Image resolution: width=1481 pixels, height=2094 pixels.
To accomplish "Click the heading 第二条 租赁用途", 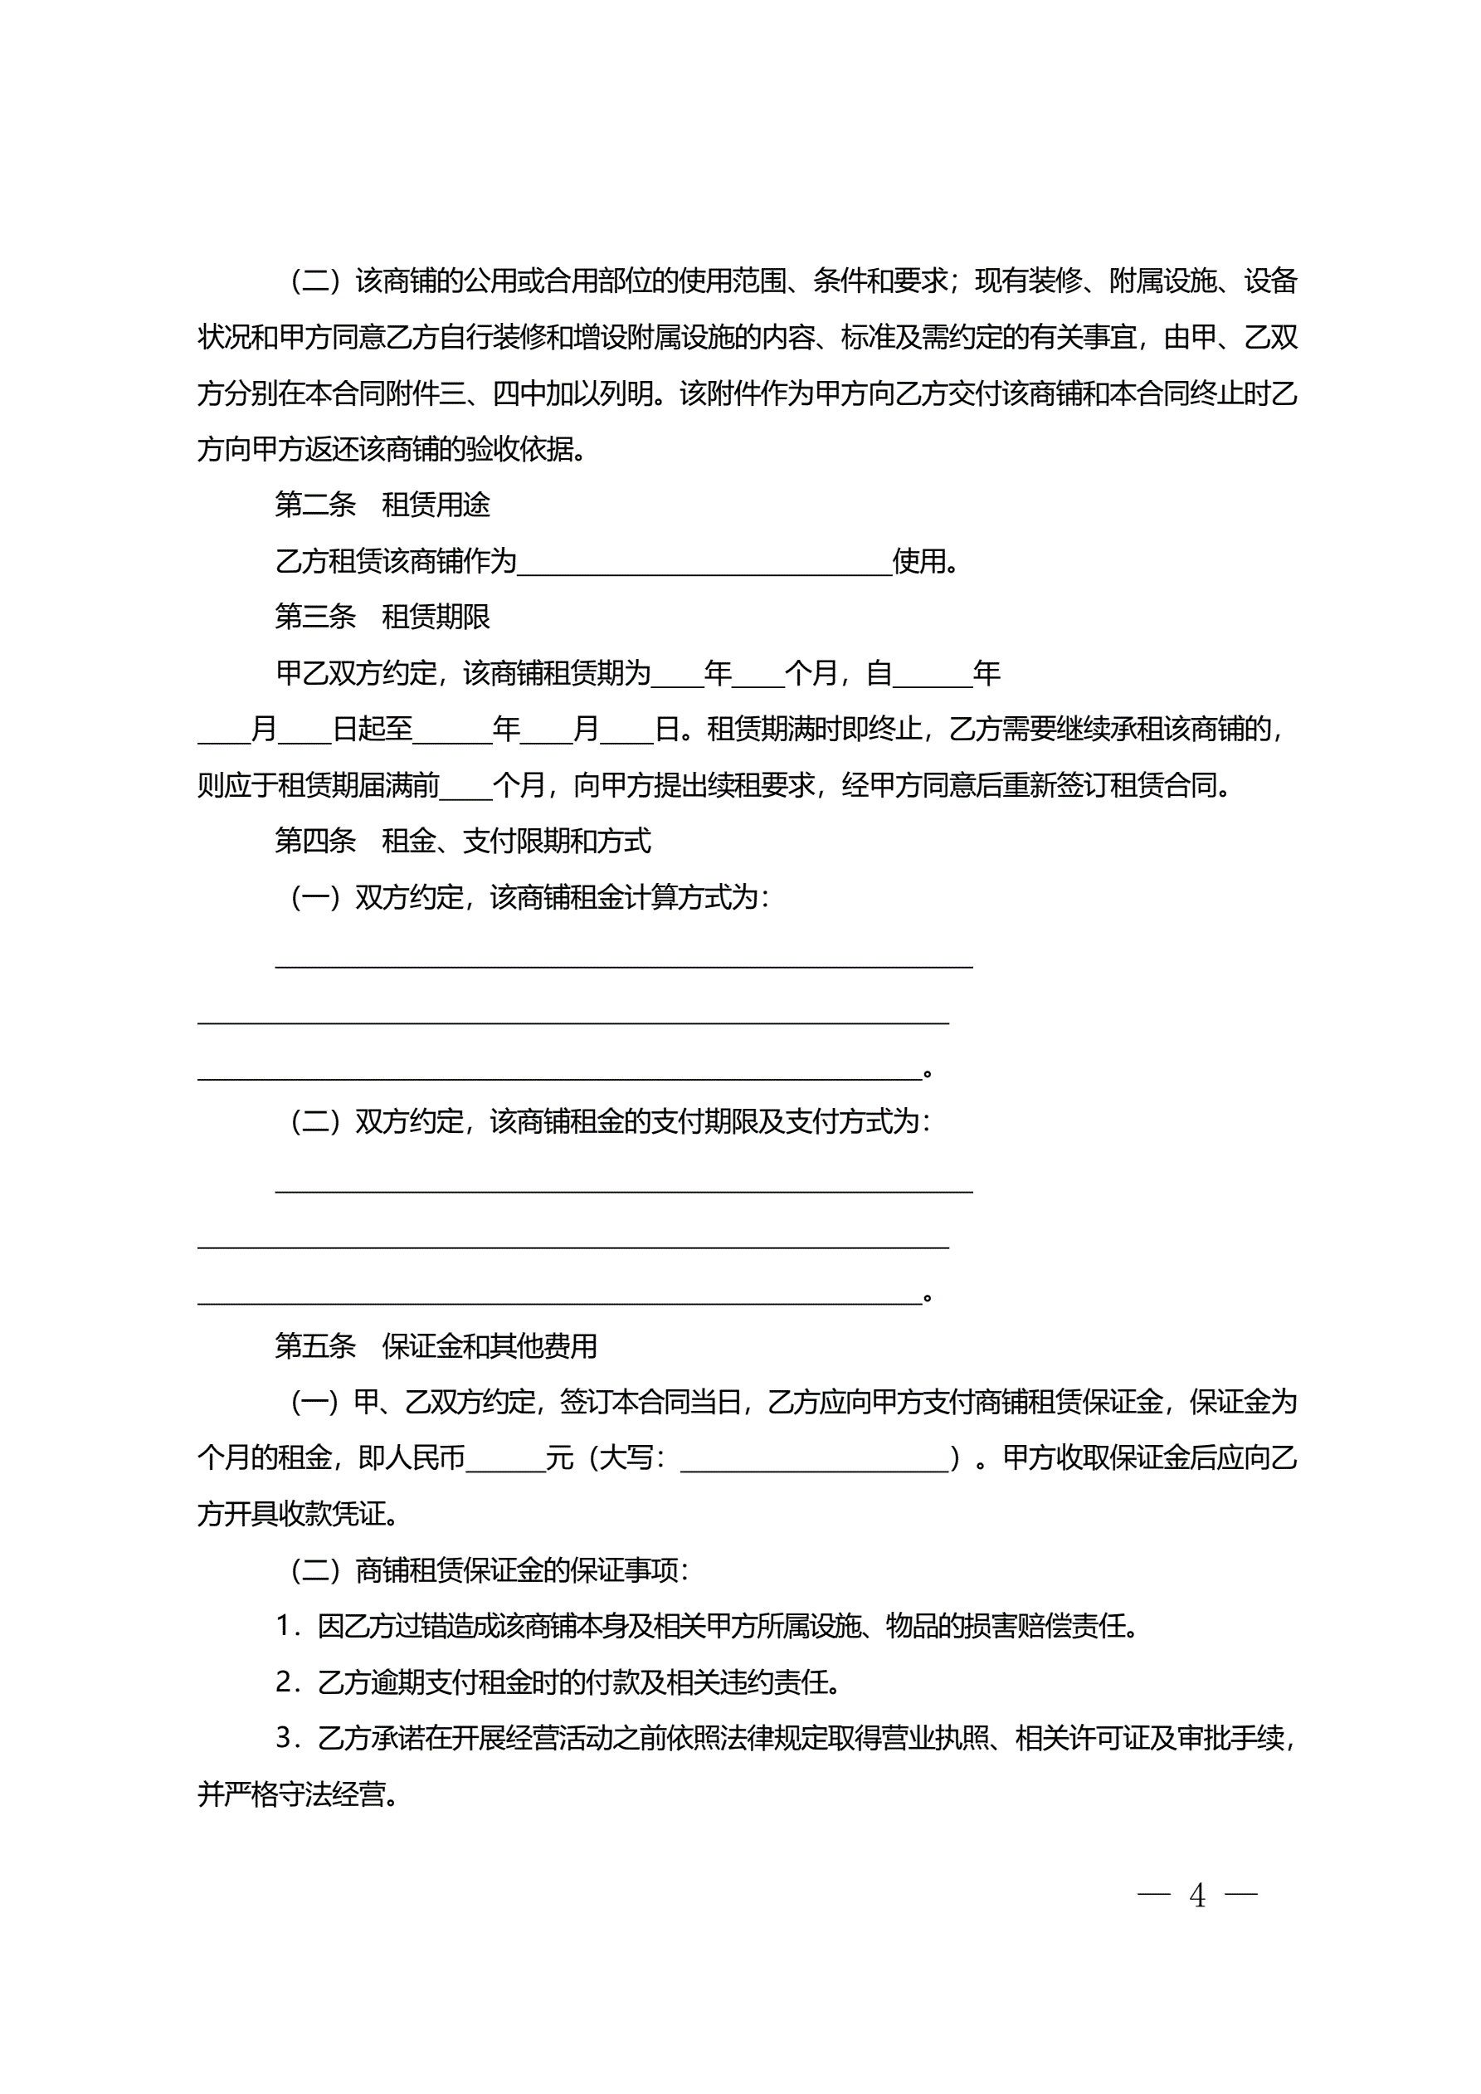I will [x=382, y=505].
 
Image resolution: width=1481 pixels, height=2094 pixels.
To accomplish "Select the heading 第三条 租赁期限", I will [x=382, y=617].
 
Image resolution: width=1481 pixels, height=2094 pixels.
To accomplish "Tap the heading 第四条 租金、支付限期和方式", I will [x=462, y=841].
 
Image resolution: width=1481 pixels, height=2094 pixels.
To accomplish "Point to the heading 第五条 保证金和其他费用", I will [x=436, y=1345].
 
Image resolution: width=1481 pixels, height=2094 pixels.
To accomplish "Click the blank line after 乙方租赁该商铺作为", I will [x=704, y=564].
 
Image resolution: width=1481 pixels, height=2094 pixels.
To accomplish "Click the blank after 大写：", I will [x=815, y=1459].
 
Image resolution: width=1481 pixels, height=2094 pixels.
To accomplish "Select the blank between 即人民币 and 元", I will [x=505, y=1459].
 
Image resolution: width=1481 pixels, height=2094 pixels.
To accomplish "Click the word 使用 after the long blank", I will [x=918, y=561].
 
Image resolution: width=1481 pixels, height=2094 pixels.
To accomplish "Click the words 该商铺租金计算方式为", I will [x=624, y=897].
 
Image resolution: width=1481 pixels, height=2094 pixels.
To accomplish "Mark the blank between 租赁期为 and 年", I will [x=678, y=675].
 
